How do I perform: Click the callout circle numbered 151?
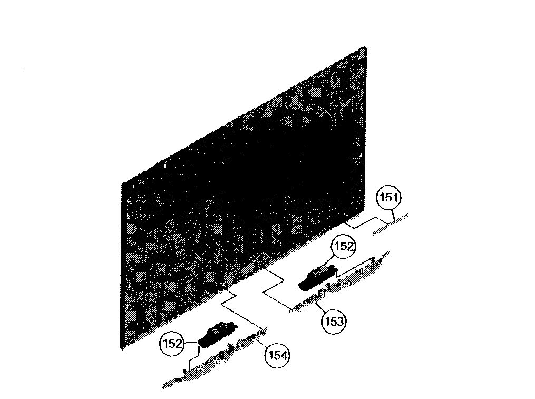coord(388,198)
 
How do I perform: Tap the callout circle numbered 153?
coord(334,322)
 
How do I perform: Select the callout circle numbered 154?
coord(277,356)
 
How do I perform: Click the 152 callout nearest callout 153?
coord(343,246)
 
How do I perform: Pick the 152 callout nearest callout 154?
coord(172,343)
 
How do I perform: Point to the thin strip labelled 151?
coord(391,225)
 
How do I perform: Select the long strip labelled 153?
coord(339,283)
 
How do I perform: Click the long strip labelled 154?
coord(215,358)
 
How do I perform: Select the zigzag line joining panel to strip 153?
coord(274,289)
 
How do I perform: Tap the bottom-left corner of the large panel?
coord(121,348)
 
